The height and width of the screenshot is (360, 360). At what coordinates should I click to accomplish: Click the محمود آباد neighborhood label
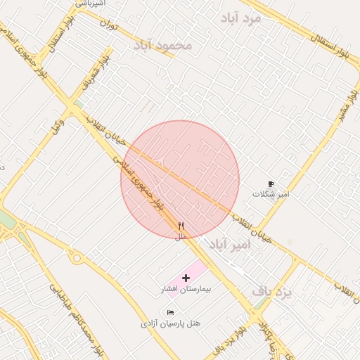point(162,46)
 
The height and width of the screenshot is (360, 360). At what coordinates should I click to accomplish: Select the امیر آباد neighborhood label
point(229,245)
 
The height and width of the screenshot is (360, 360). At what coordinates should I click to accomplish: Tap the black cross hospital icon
point(186,278)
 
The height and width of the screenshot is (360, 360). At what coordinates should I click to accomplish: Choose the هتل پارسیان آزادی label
point(171,323)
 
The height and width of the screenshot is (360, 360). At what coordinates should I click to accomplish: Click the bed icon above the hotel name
point(171,312)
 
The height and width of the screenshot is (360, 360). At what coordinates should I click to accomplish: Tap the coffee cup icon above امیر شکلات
point(271,183)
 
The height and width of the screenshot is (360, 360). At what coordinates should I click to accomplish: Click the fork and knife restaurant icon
point(181,226)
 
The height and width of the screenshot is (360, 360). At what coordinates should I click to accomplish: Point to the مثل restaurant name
point(181,236)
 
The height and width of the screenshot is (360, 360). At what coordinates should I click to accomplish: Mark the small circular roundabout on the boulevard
point(77,259)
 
